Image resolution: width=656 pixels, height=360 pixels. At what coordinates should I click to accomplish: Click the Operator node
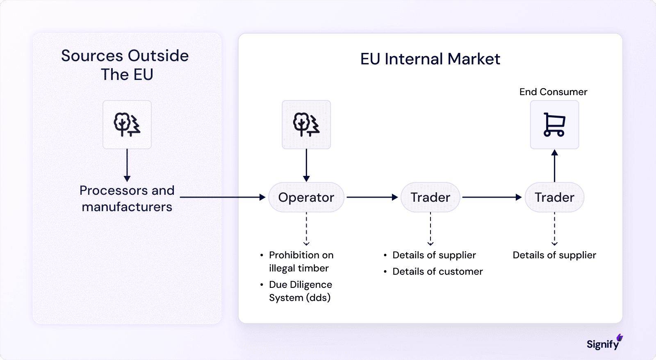(x=306, y=197)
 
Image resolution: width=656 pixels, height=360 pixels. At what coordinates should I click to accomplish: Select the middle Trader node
(x=430, y=197)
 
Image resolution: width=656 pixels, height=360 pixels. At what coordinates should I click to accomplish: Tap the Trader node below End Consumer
(x=554, y=197)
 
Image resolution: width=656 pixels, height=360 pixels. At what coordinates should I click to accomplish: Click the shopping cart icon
(x=554, y=125)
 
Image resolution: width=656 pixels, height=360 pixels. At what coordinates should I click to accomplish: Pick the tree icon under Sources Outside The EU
(x=127, y=125)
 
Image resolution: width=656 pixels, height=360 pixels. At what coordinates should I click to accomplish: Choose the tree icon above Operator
(x=306, y=125)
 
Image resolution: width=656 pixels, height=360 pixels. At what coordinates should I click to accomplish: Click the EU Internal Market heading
(x=430, y=59)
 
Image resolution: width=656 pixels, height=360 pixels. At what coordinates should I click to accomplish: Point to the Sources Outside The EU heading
(x=125, y=65)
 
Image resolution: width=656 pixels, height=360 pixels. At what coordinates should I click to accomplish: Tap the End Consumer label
(x=553, y=92)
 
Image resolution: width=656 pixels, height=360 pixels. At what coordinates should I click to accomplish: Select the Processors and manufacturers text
(x=127, y=198)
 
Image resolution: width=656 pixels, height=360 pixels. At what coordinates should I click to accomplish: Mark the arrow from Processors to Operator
(x=222, y=197)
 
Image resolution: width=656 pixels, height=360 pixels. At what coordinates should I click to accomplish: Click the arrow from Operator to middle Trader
(x=372, y=197)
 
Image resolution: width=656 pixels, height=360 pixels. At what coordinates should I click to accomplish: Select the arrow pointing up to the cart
(x=554, y=166)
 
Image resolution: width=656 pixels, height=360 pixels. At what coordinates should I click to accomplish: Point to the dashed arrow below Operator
(x=306, y=229)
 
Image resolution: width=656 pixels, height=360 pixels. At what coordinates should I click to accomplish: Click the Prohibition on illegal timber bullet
(x=301, y=262)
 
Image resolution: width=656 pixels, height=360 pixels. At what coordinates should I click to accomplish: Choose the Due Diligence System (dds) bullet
(x=300, y=291)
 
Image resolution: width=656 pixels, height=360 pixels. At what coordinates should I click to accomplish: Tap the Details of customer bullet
(x=437, y=271)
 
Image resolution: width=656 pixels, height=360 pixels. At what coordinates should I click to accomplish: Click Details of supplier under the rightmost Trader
(x=554, y=255)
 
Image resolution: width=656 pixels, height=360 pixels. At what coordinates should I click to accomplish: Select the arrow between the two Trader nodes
(x=492, y=197)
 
